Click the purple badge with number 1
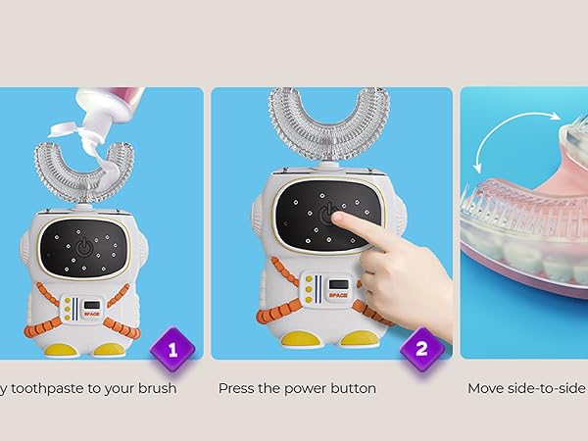[172, 348]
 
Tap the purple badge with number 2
[422, 348]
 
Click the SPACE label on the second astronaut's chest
[324, 291]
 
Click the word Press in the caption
[238, 389]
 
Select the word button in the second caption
[351, 389]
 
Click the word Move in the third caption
[486, 389]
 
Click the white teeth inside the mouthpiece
[549, 260]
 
